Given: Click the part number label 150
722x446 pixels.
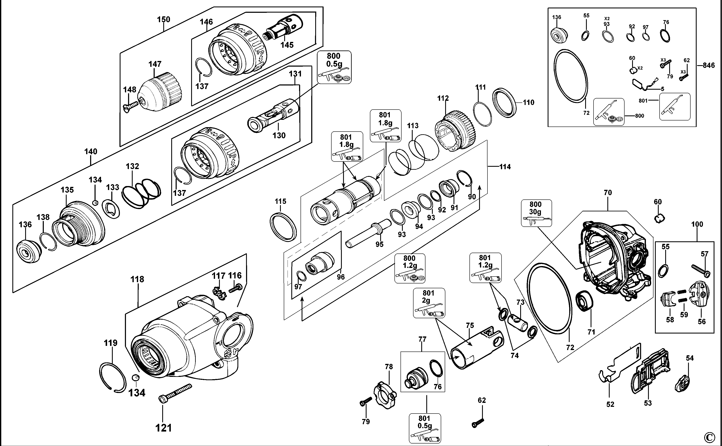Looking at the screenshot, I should [163, 19].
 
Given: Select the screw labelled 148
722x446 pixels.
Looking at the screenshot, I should [131, 105].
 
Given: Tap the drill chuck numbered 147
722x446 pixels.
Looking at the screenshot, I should [161, 89].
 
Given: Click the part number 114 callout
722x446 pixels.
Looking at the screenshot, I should [505, 167].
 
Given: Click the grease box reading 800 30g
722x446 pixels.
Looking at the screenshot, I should [536, 213].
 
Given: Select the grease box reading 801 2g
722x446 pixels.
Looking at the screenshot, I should [429, 303].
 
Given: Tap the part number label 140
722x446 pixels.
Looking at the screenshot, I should [91, 152].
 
